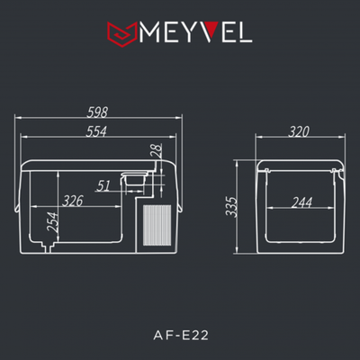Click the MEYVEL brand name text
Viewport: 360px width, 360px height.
[193, 34]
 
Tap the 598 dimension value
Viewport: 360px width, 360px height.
[100, 113]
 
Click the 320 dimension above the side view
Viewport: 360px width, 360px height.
[299, 131]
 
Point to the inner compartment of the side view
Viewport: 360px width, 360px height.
[301, 220]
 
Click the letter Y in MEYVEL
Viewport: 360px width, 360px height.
[180, 34]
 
